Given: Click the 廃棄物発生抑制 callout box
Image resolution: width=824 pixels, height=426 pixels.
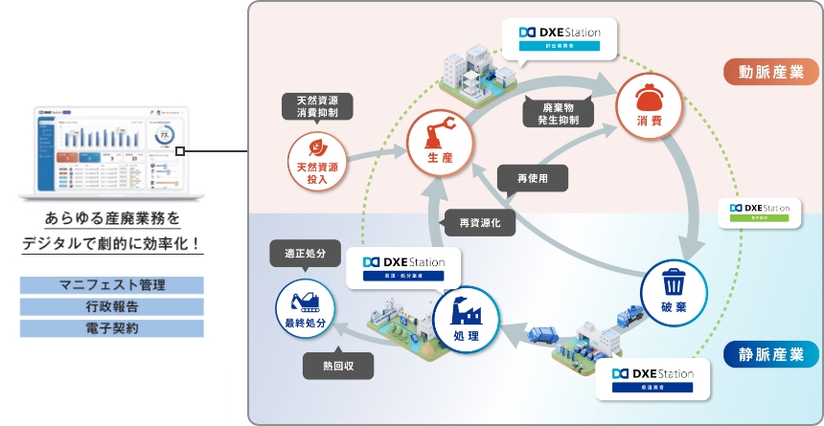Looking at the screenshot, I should coord(559,113).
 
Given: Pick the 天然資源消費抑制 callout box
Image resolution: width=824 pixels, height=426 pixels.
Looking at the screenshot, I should coord(318,105).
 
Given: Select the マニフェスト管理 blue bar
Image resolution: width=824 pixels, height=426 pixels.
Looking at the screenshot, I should coord(112,285).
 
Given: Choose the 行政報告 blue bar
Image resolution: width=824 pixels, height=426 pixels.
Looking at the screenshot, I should coord(112,306).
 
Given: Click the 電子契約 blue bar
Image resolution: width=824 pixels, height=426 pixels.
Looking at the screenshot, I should coord(112,328).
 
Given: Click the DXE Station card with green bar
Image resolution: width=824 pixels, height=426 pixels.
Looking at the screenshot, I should coord(760,212).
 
